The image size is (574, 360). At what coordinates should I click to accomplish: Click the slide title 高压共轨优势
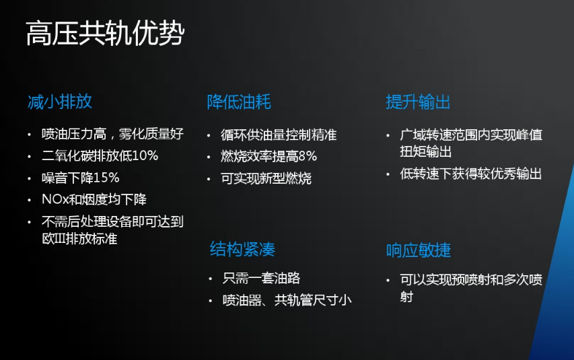(x=105, y=34)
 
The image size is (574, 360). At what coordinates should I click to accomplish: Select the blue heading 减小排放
(x=60, y=102)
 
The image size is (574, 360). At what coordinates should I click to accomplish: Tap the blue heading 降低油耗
(x=239, y=102)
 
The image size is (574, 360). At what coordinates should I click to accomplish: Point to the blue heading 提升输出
(x=418, y=102)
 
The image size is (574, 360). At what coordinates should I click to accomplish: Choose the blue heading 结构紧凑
(x=242, y=249)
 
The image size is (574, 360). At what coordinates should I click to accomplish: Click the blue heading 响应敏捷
(x=419, y=250)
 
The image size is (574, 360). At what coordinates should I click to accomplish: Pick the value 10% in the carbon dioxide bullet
(x=145, y=155)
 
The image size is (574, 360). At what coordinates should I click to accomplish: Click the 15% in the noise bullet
(x=106, y=178)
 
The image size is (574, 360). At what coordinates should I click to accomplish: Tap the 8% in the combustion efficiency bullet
(x=308, y=156)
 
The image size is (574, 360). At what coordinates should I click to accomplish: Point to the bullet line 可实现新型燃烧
(x=266, y=178)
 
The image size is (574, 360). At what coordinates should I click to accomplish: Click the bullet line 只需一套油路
(x=261, y=279)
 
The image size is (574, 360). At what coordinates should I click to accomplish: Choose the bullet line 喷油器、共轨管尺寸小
(x=287, y=300)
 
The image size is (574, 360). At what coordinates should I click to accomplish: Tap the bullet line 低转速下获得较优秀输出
(x=471, y=174)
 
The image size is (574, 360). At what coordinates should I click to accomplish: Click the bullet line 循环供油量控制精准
(x=279, y=135)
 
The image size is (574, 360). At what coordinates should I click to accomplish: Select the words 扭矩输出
(x=426, y=151)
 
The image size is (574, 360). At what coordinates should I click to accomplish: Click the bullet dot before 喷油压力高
(x=30, y=135)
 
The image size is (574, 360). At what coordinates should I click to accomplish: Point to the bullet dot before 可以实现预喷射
(x=388, y=281)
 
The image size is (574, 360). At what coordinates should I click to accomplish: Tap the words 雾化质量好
(x=151, y=134)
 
